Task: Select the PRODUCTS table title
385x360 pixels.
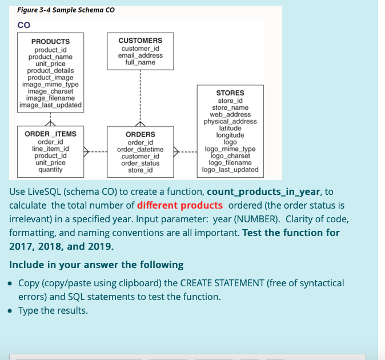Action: [x=50, y=42]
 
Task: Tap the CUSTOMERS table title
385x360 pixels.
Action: [x=140, y=41]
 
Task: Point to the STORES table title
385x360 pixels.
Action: [x=230, y=93]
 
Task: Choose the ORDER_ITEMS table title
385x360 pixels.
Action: [x=50, y=134]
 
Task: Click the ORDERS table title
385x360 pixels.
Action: [x=140, y=135]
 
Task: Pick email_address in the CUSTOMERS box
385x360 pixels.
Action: [x=140, y=55]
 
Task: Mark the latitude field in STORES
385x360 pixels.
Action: [x=230, y=129]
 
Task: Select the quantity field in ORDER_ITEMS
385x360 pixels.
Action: [x=50, y=170]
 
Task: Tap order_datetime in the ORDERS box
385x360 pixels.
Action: [x=140, y=149]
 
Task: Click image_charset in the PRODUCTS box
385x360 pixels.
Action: [x=50, y=91]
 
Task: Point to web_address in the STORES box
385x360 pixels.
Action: [x=230, y=114]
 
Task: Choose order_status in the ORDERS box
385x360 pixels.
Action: [x=140, y=163]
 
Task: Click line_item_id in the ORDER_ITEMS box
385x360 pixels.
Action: [x=50, y=149]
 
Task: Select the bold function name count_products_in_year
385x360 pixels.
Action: [x=264, y=191]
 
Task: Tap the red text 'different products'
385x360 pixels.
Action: [x=180, y=205]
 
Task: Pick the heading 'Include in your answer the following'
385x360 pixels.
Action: [x=96, y=265]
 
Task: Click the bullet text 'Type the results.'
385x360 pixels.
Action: [x=53, y=310]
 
